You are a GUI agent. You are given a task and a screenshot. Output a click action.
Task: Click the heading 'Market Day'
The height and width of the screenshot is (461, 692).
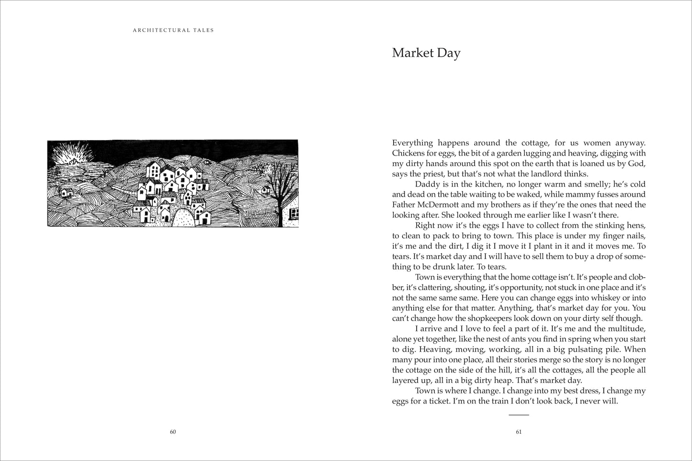point(426,53)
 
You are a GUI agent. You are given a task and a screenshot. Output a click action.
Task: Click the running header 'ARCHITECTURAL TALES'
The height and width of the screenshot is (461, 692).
point(173,30)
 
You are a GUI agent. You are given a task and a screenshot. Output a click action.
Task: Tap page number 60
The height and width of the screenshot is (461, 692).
point(173,432)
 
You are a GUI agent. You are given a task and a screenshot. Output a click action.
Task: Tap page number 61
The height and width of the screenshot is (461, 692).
point(518,432)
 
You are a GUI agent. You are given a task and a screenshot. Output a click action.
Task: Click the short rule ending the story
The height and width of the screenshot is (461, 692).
point(518,415)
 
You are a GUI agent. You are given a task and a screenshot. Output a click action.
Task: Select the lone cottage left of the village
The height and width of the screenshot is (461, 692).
point(66,192)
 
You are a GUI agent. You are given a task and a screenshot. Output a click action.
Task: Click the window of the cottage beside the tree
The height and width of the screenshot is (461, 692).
point(295,213)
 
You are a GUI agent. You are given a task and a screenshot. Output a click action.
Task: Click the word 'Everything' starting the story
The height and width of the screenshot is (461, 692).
point(412,143)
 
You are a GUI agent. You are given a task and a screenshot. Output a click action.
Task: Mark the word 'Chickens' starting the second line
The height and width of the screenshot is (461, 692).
point(408,153)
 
